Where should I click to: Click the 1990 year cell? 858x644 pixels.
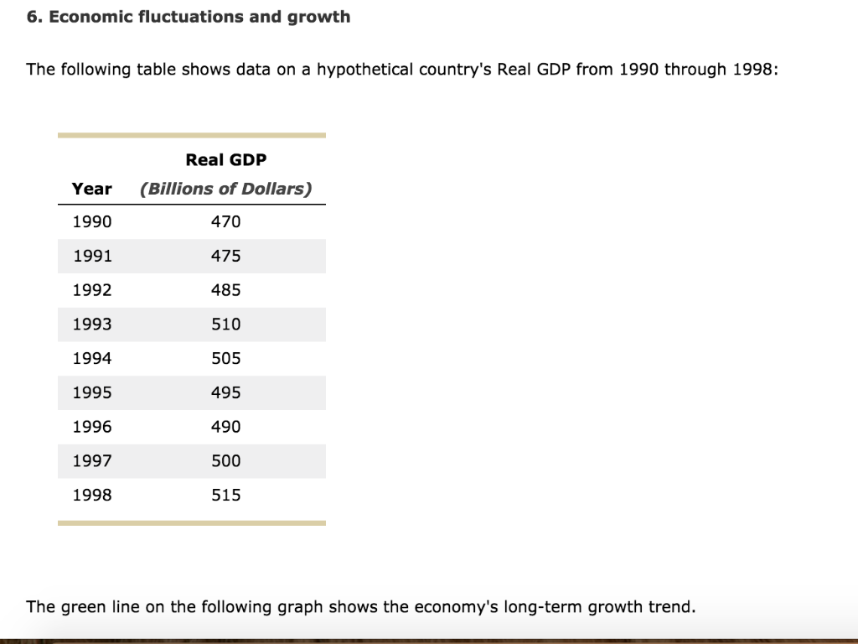coord(91,221)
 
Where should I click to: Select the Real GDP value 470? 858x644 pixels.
coord(225,221)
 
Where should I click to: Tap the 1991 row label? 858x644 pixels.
coord(91,256)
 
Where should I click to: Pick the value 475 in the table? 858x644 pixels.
coord(225,256)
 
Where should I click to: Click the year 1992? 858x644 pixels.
coord(91,290)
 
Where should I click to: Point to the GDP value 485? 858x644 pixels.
coord(225,290)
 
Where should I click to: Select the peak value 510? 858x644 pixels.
coord(225,325)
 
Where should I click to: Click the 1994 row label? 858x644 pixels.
coord(91,358)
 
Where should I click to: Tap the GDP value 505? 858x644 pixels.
coord(225,358)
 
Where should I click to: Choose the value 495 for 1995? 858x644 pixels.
coord(225,392)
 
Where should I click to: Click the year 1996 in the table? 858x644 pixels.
coord(91,427)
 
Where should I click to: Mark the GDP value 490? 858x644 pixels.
coord(225,427)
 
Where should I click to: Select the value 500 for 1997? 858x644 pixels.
coord(225,460)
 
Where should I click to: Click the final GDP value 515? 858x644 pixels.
coord(225,495)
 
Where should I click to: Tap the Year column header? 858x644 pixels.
coord(91,189)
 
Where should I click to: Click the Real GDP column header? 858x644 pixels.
coord(225,159)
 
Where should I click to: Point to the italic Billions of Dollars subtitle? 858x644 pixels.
coord(225,189)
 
